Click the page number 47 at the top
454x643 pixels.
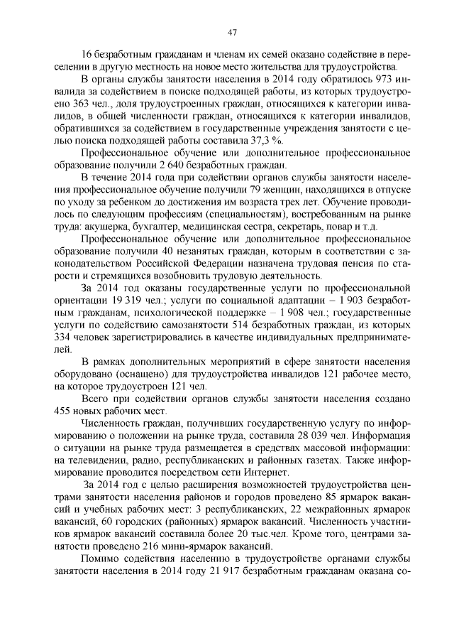[232, 31]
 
